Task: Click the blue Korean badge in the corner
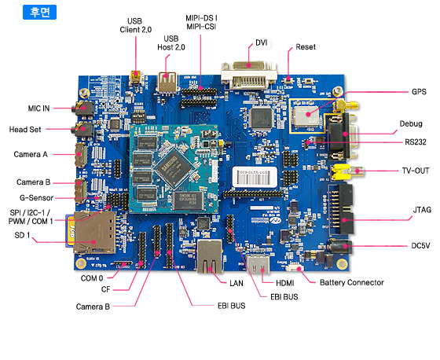click(x=39, y=12)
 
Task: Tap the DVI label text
click(x=261, y=42)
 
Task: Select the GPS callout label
click(x=419, y=92)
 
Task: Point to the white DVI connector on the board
click(x=249, y=75)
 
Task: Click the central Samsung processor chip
click(x=174, y=168)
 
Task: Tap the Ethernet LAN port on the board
click(x=210, y=256)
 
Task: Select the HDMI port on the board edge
click(x=258, y=264)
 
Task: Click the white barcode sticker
click(x=255, y=177)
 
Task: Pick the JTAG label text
click(x=422, y=210)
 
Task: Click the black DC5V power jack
click(x=340, y=246)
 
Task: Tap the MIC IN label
click(x=38, y=108)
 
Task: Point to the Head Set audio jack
click(x=83, y=130)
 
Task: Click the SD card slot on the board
click(x=94, y=233)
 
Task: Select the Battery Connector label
click(x=352, y=282)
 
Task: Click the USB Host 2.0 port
click(x=167, y=83)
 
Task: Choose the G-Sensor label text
click(x=36, y=198)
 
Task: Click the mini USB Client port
click(x=136, y=78)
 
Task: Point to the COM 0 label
click(x=92, y=278)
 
